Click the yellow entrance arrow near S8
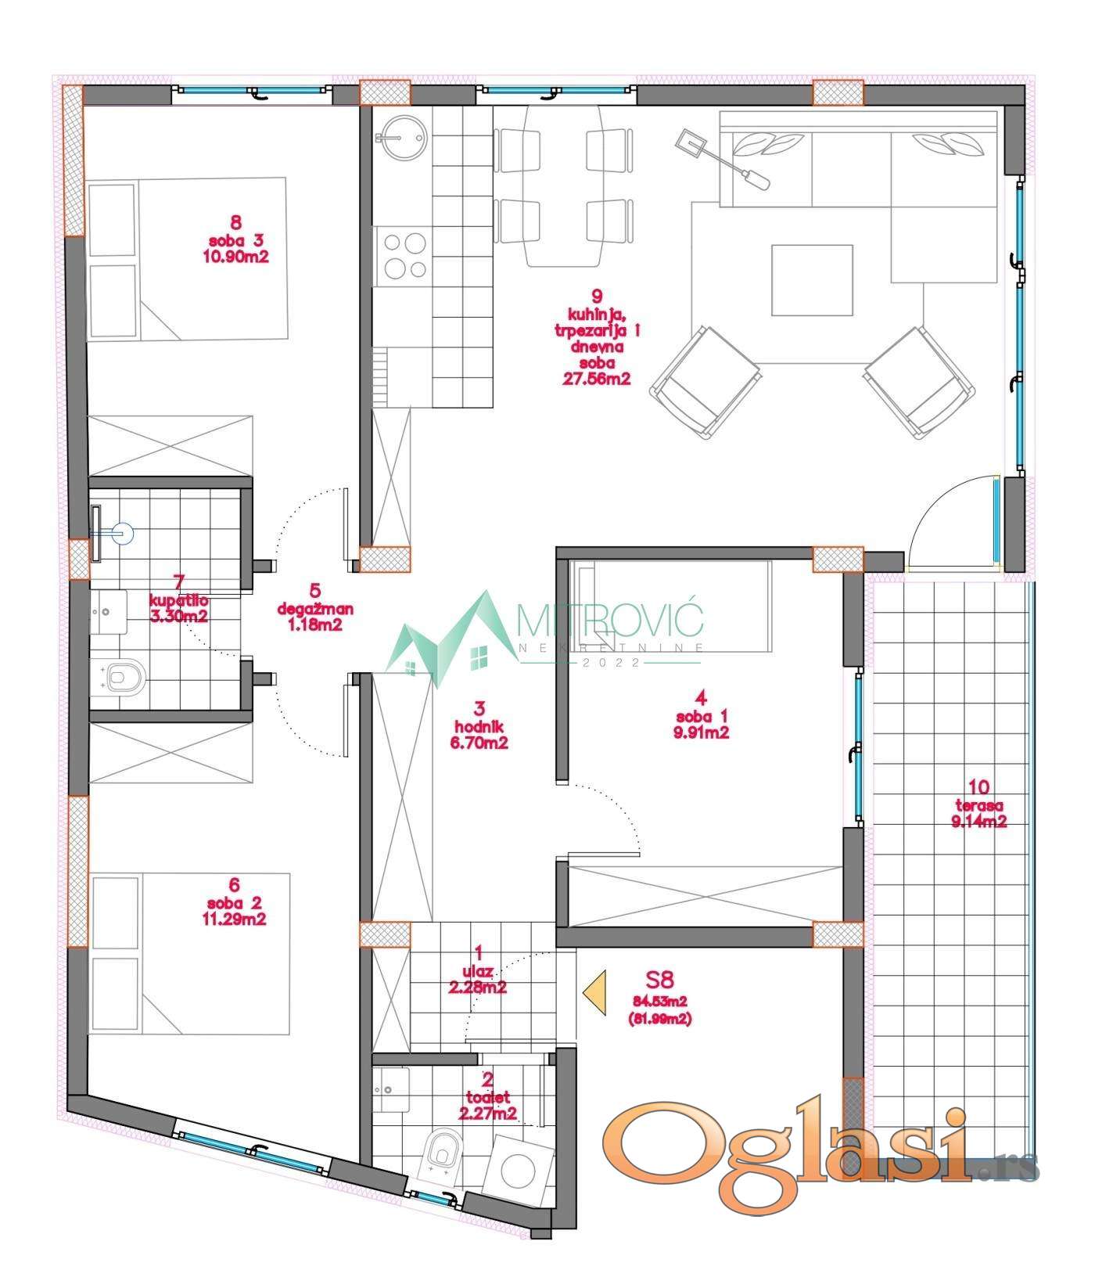point(595,992)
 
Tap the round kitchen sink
point(404,138)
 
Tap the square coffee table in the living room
point(812,280)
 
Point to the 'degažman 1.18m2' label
point(315,606)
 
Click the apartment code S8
point(659,979)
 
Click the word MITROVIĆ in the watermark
point(611,622)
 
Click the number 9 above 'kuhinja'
point(597,296)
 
